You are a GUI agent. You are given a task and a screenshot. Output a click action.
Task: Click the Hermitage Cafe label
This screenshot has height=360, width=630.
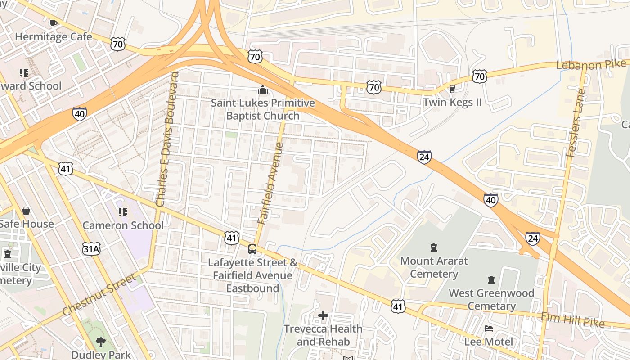coord(54,37)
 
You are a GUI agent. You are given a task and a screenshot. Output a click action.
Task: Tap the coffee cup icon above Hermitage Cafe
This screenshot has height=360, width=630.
coord(53,23)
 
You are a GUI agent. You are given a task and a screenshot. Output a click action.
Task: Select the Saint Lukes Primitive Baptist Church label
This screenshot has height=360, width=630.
coord(263,109)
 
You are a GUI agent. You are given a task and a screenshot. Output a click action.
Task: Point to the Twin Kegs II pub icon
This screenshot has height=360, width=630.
coord(452,89)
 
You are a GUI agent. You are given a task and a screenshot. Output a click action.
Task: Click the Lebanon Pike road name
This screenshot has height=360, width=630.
coord(591,64)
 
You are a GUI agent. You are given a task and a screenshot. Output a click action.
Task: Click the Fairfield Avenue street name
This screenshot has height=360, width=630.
coord(271,183)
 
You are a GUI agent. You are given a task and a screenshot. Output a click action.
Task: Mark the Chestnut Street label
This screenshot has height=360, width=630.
coord(99,294)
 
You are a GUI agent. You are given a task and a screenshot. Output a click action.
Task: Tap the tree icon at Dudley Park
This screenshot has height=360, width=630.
coord(101,342)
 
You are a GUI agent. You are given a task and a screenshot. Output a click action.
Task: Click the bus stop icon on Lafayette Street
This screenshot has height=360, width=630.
coord(252,249)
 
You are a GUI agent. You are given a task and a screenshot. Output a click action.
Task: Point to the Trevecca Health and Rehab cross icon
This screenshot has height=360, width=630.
coord(323,315)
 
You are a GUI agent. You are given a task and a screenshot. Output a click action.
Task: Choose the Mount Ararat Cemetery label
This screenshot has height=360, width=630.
coord(434,267)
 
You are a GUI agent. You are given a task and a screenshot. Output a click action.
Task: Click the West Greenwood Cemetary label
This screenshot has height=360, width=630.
coord(491,300)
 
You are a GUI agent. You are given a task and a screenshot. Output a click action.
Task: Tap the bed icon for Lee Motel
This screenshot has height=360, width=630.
coord(489,328)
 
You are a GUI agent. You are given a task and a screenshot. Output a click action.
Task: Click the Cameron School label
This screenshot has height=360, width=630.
coord(123,225)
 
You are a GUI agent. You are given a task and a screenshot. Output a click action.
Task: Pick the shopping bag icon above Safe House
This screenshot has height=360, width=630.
coord(26,211)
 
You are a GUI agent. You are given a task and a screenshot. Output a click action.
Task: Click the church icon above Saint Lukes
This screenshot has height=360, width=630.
coord(262,90)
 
